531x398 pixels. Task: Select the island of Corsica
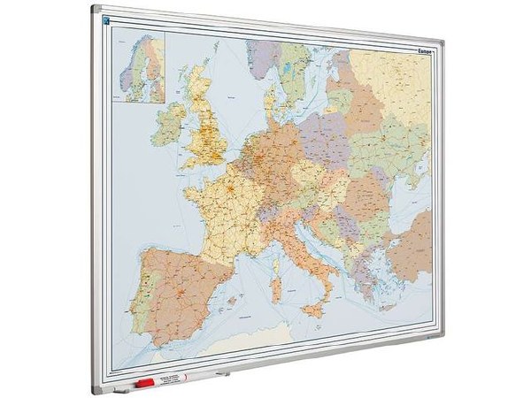[275, 253]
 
